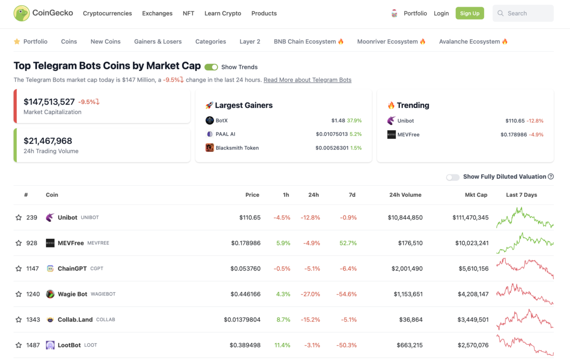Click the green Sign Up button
[469, 13]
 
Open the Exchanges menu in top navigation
[157, 13]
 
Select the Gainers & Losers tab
[158, 41]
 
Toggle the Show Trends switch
[211, 67]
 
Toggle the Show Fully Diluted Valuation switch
[453, 177]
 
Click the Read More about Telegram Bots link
[307, 80]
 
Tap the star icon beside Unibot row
[19, 218]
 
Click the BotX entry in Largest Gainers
[221, 121]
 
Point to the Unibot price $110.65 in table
[250, 218]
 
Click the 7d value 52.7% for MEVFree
[348, 243]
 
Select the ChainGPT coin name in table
[72, 268]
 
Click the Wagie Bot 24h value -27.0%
[310, 294]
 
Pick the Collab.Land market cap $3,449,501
[470, 320]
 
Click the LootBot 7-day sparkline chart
[524, 345]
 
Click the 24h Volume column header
[405, 195]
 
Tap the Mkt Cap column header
[476, 195]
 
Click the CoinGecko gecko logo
[21, 13]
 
